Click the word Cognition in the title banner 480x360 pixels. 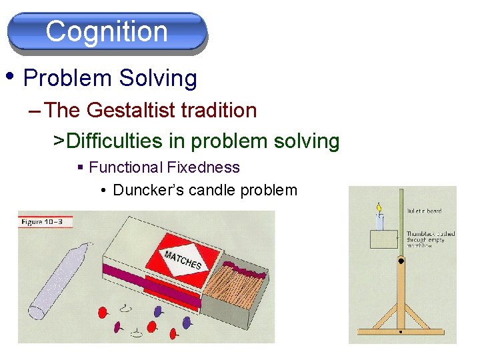107,31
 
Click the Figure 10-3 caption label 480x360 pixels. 45,221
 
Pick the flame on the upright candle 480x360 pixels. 379,209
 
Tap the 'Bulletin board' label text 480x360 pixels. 424,211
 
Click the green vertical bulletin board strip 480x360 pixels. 401,220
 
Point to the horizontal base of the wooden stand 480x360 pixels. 400,331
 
